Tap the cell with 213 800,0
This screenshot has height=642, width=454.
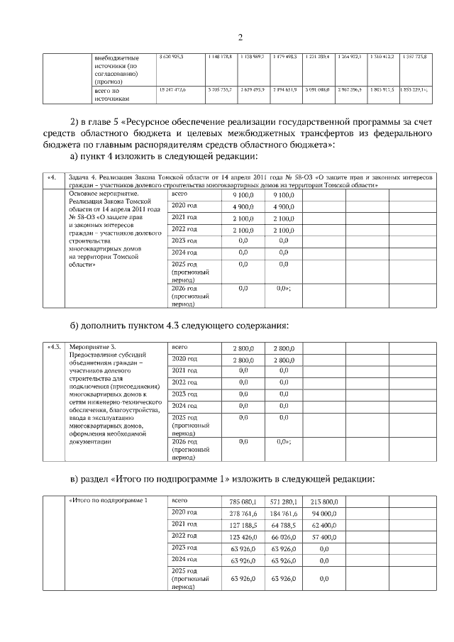(x=324, y=502)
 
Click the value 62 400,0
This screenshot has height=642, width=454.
(x=324, y=526)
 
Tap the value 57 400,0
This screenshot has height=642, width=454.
(x=324, y=538)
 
